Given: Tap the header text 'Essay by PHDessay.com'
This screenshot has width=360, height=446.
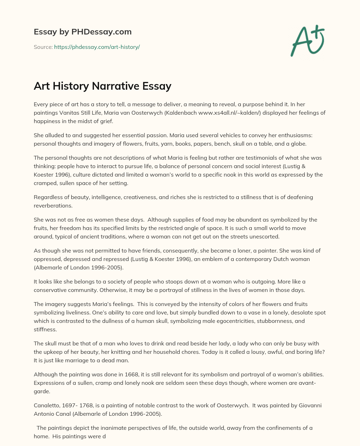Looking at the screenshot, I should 83,32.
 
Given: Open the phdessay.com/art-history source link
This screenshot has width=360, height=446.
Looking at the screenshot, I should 97,47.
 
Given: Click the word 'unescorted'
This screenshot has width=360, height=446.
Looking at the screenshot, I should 265,236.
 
